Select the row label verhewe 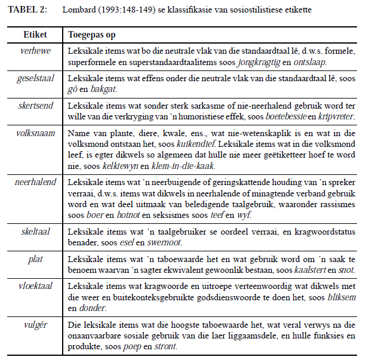pyautogui.click(x=36, y=51)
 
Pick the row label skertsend pyautogui.click(x=36, y=105)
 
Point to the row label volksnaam pyautogui.click(x=36, y=133)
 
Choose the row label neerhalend pyautogui.click(x=36, y=181)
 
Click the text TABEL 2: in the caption pyautogui.click(x=24, y=11)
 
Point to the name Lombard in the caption pyautogui.click(x=78, y=11)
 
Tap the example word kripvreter pyautogui.click(x=334, y=116)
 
